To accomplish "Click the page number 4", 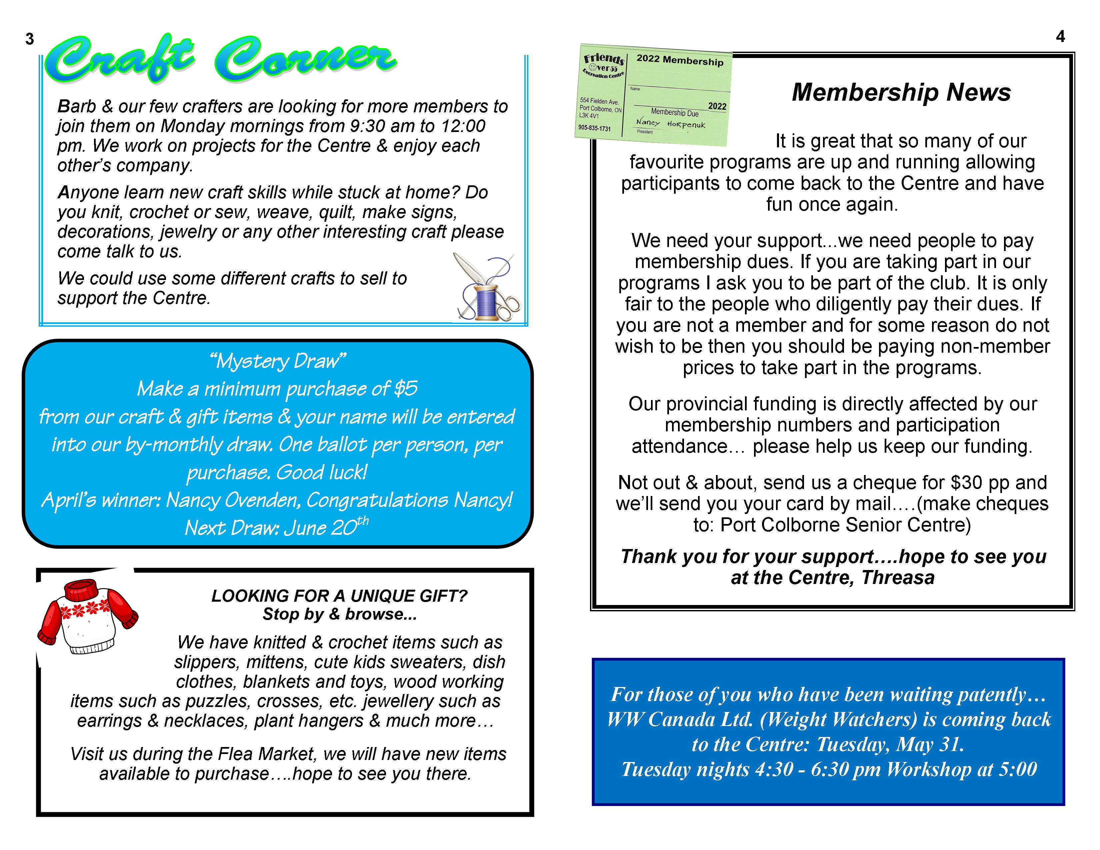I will pyautogui.click(x=1060, y=37).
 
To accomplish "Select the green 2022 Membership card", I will pyautogui.click(x=654, y=95).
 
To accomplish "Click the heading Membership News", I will pyautogui.click(x=901, y=92).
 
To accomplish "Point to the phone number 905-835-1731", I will pyautogui.click(x=594, y=128).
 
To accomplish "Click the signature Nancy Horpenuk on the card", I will pyautogui.click(x=670, y=123).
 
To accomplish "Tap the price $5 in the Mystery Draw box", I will pyautogui.click(x=405, y=389).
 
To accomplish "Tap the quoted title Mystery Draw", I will pyautogui.click(x=278, y=361).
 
